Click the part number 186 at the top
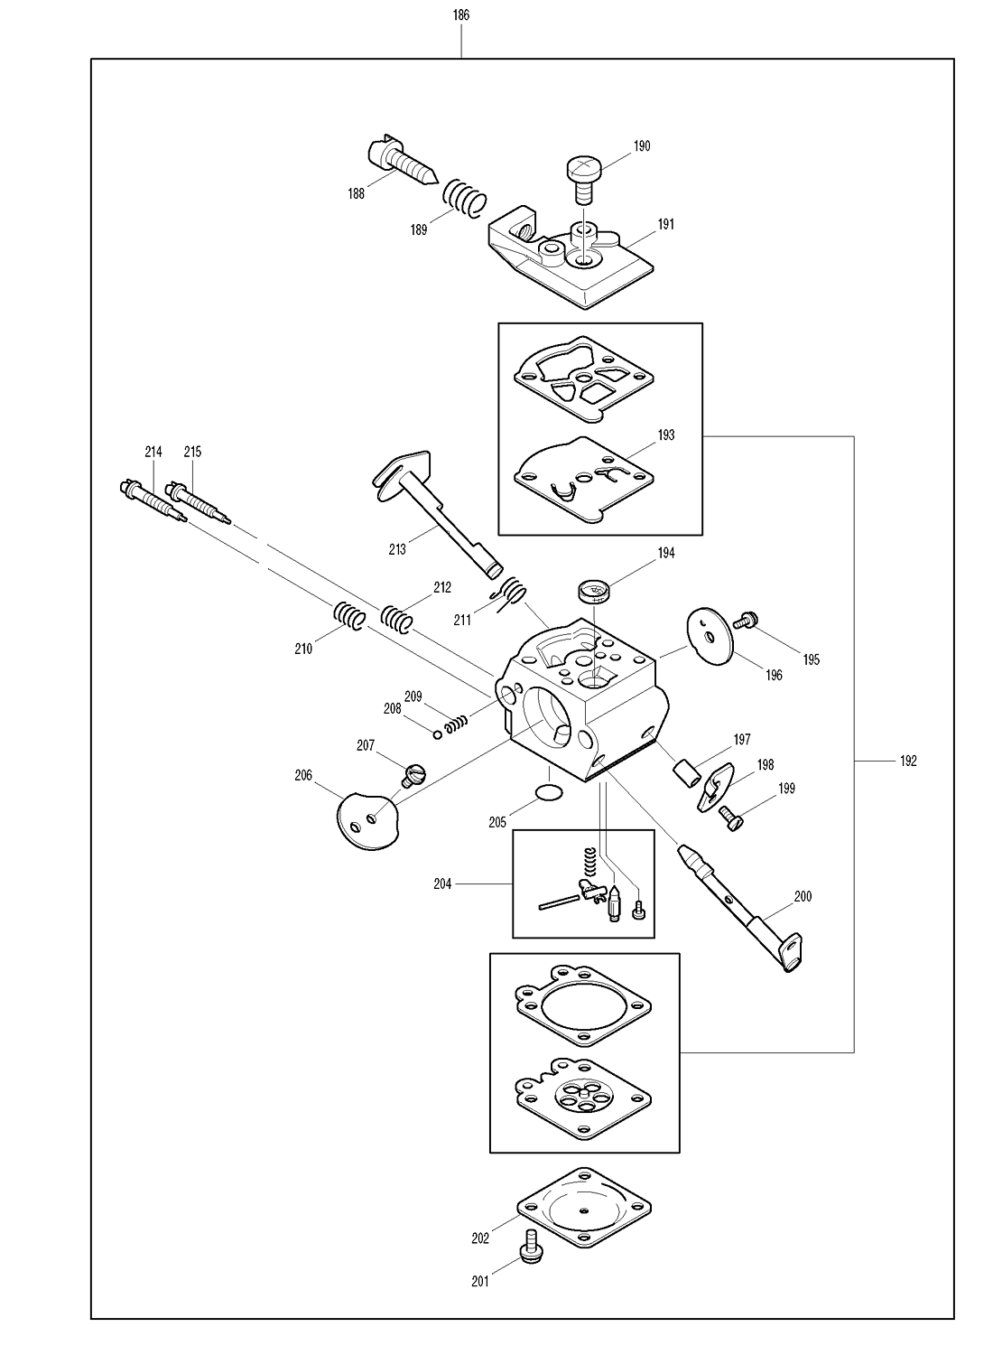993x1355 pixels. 461,15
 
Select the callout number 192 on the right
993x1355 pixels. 908,761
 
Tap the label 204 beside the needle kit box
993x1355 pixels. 442,883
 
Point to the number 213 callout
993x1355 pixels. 397,549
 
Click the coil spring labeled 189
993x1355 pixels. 465,197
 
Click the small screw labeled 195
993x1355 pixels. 746,620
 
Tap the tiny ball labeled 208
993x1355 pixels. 438,734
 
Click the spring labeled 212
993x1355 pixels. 396,620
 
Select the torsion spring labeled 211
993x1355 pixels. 511,594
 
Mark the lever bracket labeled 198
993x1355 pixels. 715,786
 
